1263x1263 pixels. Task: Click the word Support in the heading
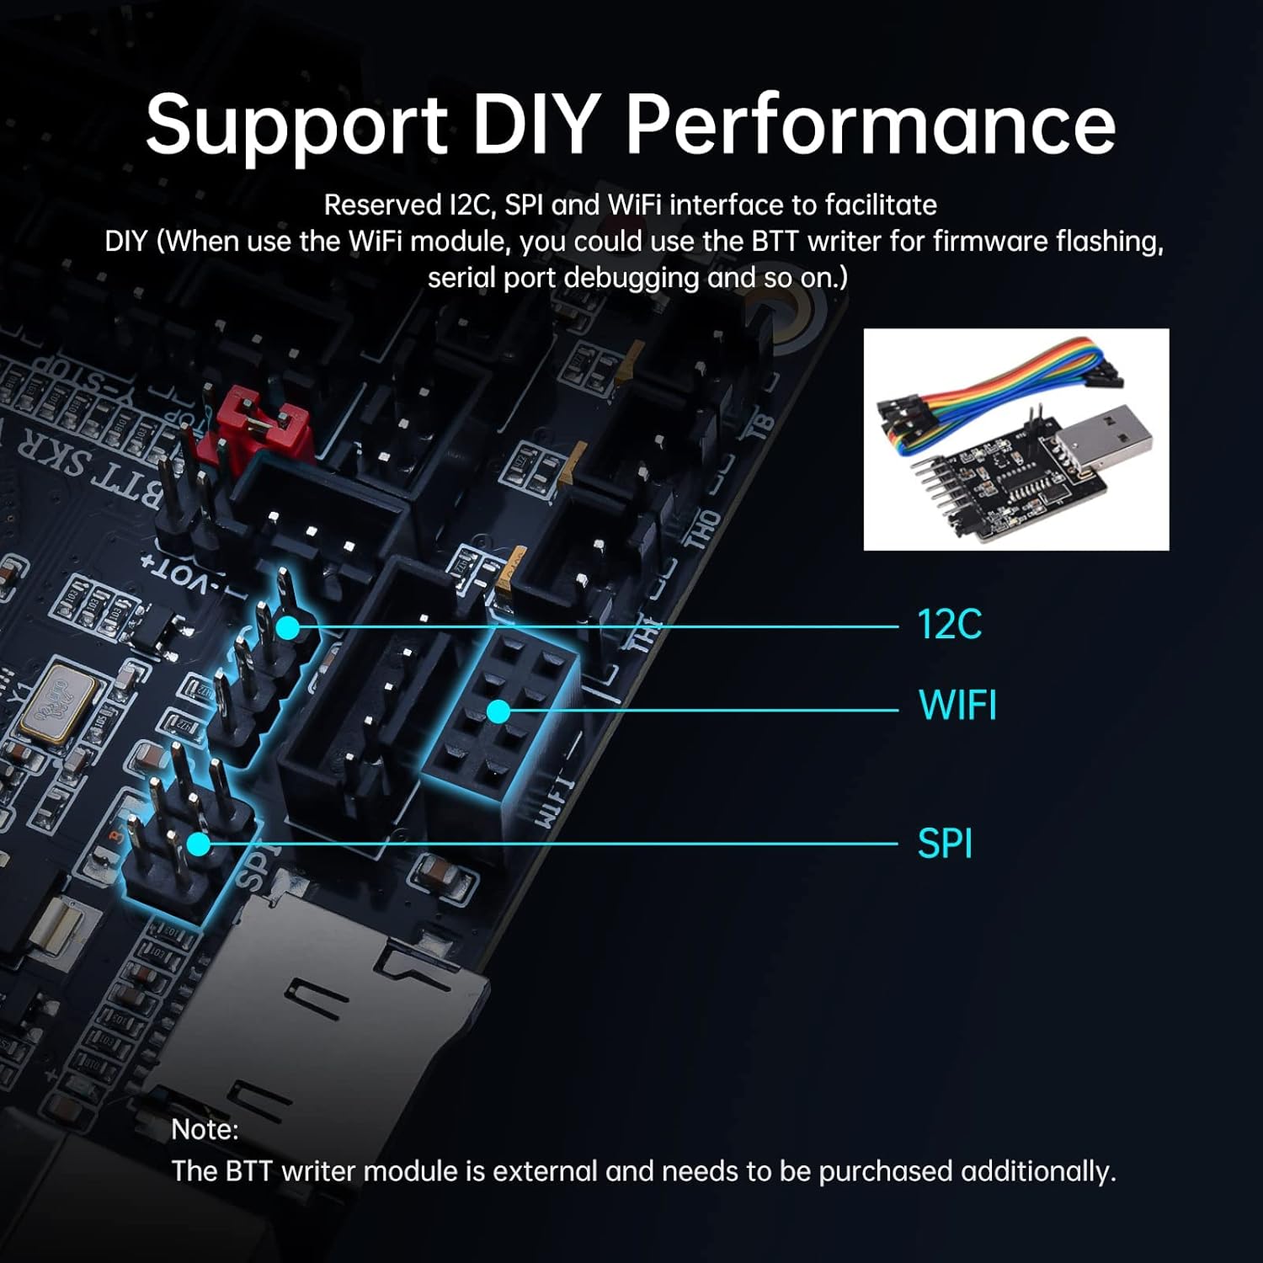(x=296, y=125)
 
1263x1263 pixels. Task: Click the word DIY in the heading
(x=536, y=124)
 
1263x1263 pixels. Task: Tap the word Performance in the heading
(x=870, y=124)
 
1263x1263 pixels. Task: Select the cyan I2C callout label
(x=949, y=625)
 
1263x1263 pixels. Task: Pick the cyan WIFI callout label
(x=957, y=706)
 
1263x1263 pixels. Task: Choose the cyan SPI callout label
(x=944, y=844)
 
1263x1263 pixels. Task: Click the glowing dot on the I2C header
(x=288, y=627)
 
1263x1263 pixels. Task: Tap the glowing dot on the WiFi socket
(x=498, y=712)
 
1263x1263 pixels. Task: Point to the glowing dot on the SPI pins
(x=199, y=844)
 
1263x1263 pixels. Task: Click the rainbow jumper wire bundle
(x=994, y=379)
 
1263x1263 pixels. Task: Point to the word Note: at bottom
(x=205, y=1129)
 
